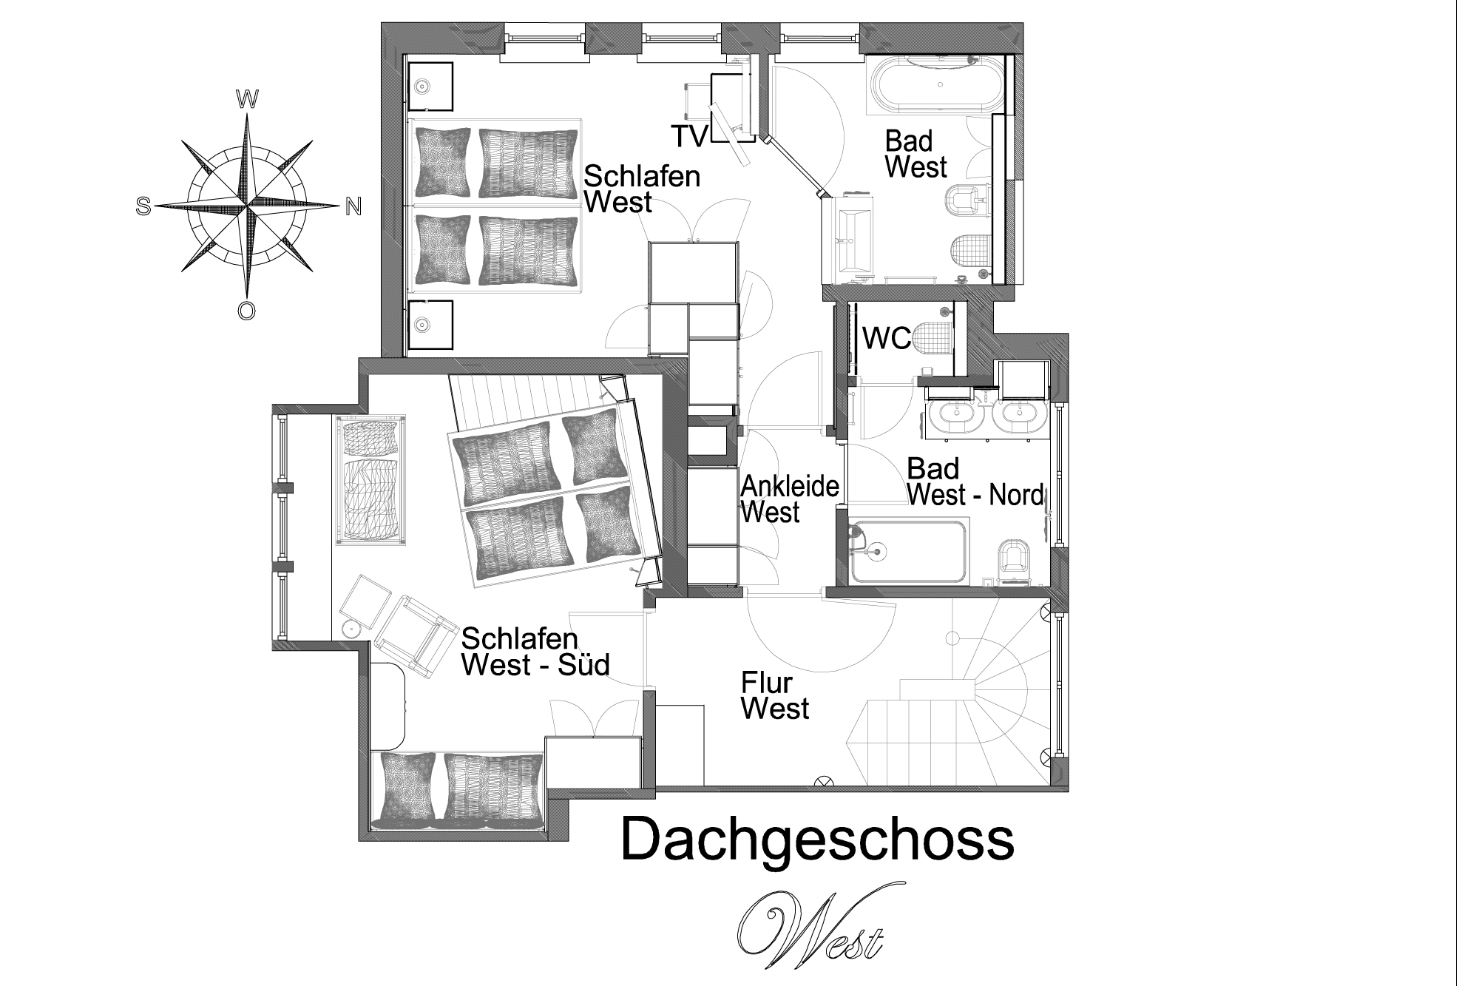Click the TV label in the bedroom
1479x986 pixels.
(x=689, y=136)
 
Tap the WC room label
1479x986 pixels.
(x=887, y=340)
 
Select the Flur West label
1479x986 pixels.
(x=774, y=696)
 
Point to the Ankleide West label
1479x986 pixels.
(x=790, y=499)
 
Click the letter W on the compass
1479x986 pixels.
(x=246, y=98)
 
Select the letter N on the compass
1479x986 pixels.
(x=353, y=207)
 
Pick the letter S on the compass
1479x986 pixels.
(x=143, y=207)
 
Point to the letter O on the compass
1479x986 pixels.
(x=247, y=310)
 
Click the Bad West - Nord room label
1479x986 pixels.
(x=975, y=482)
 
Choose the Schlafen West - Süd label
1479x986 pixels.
(x=535, y=652)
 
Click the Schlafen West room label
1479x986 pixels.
(x=642, y=189)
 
